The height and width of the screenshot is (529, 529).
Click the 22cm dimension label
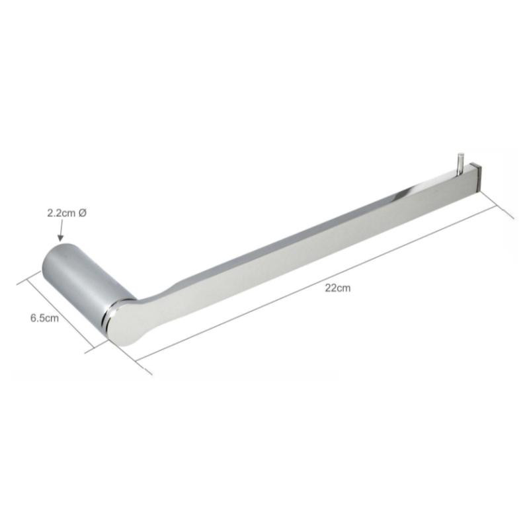pyautogui.click(x=338, y=288)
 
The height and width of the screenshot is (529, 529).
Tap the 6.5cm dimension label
pyautogui.click(x=44, y=318)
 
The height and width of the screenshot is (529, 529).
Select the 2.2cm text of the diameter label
pyautogui.click(x=61, y=214)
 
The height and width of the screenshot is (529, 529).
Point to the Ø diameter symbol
pyautogui.click(x=82, y=213)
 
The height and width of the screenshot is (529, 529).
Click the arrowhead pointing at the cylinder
pyautogui.click(x=60, y=238)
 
